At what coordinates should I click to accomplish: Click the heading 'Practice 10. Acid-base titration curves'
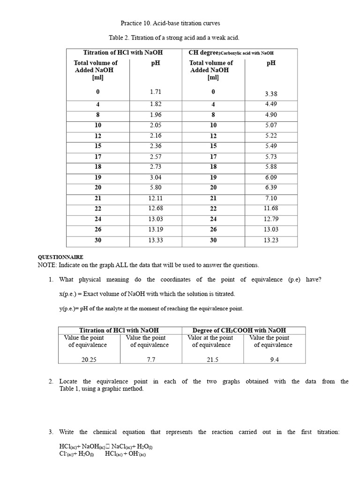[170, 23]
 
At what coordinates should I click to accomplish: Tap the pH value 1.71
[155, 92]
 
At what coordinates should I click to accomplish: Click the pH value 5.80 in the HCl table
[155, 187]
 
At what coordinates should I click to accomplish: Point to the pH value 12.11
[155, 198]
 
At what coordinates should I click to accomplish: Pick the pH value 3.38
[271, 94]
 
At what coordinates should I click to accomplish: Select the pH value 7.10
[271, 198]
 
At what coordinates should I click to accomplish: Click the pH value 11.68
[271, 209]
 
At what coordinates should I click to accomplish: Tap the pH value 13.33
[155, 240]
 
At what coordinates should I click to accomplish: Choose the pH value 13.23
[271, 240]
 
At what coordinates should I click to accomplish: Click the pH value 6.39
[271, 187]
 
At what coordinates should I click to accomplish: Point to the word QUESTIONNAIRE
[60, 257]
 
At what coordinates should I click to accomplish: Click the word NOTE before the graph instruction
[46, 265]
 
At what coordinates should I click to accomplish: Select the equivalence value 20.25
[89, 360]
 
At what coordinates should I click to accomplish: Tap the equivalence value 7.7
[150, 360]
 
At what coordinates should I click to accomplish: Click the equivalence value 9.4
[274, 360]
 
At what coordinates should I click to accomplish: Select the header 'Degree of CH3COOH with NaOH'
[239, 330]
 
